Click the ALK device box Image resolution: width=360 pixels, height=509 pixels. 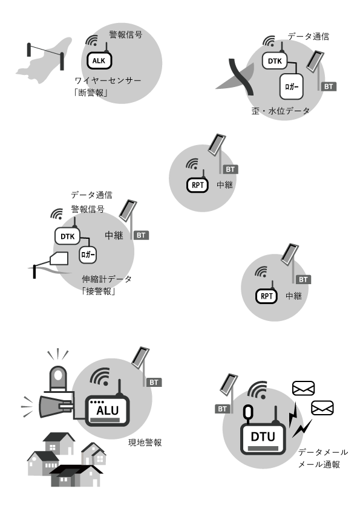[99, 60]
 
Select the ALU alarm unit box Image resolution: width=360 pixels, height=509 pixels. [108, 410]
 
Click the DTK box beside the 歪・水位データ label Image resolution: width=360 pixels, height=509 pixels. [275, 61]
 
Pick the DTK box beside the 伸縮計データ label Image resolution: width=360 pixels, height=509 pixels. [67, 236]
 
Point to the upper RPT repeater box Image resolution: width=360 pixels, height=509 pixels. [197, 186]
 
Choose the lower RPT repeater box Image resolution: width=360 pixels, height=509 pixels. [266, 296]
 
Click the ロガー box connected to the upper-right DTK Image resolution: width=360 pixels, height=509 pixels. [292, 86]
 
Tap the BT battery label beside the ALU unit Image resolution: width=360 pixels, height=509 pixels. [154, 383]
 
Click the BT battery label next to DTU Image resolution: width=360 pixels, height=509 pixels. [222, 409]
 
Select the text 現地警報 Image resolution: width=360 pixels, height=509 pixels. [145, 443]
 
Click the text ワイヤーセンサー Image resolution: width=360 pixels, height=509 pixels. [108, 80]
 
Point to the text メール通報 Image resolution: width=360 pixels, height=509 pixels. [319, 464]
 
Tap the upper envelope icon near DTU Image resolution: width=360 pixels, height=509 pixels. [304, 388]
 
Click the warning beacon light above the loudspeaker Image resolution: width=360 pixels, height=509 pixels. [58, 378]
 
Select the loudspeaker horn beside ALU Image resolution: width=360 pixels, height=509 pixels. [54, 406]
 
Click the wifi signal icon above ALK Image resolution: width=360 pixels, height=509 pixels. [92, 41]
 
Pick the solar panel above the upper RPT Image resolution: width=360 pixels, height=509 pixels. [217, 145]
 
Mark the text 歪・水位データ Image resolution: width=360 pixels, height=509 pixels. [280, 111]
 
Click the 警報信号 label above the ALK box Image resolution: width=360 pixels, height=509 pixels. [126, 34]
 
